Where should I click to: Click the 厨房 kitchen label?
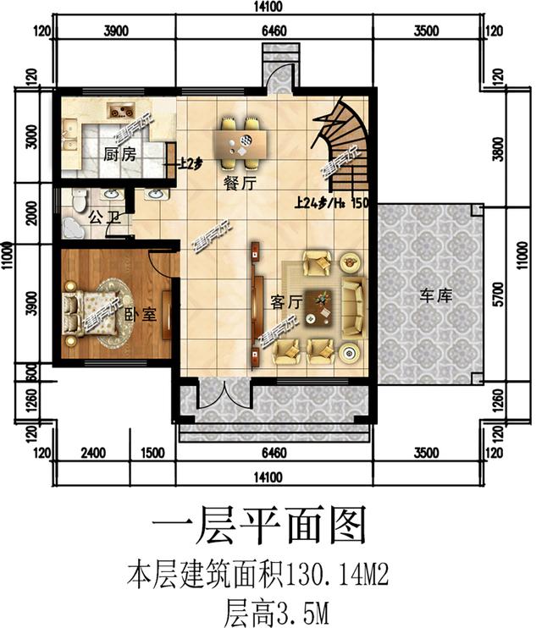point(119,155)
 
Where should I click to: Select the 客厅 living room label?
point(286,301)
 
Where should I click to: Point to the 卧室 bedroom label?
point(141,314)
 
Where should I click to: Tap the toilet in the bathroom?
point(80,200)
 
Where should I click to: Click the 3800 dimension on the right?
point(501,151)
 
